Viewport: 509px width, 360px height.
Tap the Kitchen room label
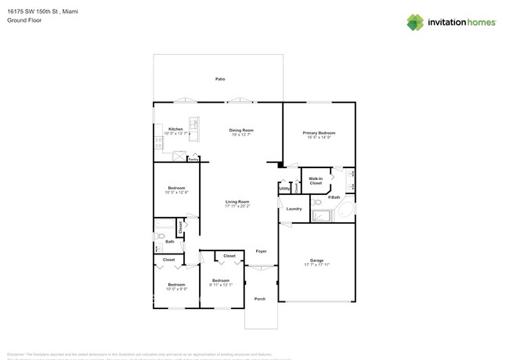click(x=176, y=129)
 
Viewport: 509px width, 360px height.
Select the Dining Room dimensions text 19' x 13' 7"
click(x=241, y=135)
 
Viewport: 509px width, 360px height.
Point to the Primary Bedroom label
click(x=319, y=133)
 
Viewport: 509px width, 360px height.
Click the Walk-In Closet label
click(x=316, y=181)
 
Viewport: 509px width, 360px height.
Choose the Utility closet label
click(x=285, y=189)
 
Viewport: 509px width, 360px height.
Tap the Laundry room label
click(x=294, y=209)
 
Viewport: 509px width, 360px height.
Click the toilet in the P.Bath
click(x=317, y=202)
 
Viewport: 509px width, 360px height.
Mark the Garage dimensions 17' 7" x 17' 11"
click(x=316, y=265)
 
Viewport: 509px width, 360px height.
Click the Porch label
click(x=260, y=298)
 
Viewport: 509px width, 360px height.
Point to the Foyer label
click(x=261, y=251)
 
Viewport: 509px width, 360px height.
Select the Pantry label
click(x=193, y=159)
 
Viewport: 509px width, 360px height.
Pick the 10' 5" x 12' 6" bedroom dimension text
click(x=176, y=193)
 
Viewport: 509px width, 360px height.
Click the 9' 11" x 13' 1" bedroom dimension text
click(x=221, y=285)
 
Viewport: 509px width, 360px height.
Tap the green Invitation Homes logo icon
click(x=415, y=23)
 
